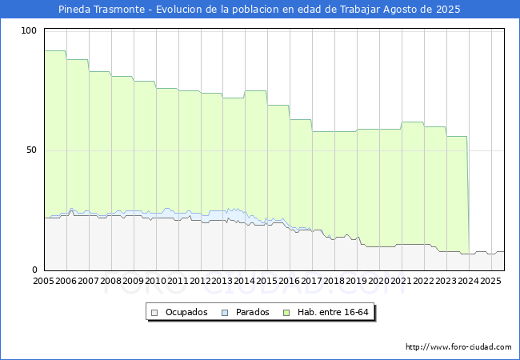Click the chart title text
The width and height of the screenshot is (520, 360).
(259, 10)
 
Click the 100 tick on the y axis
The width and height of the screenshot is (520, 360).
(30, 30)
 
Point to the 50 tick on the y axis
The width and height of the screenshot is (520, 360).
(32, 150)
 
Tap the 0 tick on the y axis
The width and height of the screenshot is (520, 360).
(34, 270)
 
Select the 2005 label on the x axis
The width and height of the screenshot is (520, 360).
(44, 282)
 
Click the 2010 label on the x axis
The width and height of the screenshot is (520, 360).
(156, 282)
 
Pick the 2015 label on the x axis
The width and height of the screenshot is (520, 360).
(267, 282)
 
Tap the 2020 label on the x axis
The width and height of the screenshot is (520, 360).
(379, 282)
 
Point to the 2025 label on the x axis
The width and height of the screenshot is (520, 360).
(490, 282)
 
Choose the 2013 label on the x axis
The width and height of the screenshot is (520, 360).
(222, 282)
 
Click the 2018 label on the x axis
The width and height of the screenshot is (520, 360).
(334, 282)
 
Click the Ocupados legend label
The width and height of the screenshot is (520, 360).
(186, 312)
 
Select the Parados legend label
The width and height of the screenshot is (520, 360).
(251, 312)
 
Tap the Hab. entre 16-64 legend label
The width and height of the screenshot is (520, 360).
(338, 312)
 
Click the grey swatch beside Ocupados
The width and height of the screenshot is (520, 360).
(155, 312)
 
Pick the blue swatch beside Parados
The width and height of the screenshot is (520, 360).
(226, 312)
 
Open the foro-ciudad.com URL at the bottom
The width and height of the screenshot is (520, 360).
(458, 347)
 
